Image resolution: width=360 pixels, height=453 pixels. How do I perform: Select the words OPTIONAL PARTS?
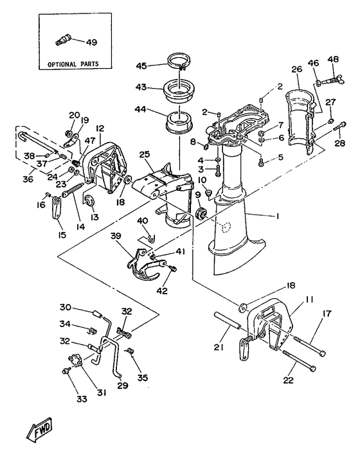(71, 65)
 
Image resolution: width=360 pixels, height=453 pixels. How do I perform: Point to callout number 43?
(140, 87)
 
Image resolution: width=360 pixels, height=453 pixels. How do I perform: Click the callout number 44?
(140, 110)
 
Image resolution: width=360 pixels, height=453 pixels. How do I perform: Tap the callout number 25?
(144, 154)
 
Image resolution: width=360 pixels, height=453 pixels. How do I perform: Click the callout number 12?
(100, 129)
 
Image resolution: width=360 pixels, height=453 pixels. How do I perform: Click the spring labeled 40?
(149, 238)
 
